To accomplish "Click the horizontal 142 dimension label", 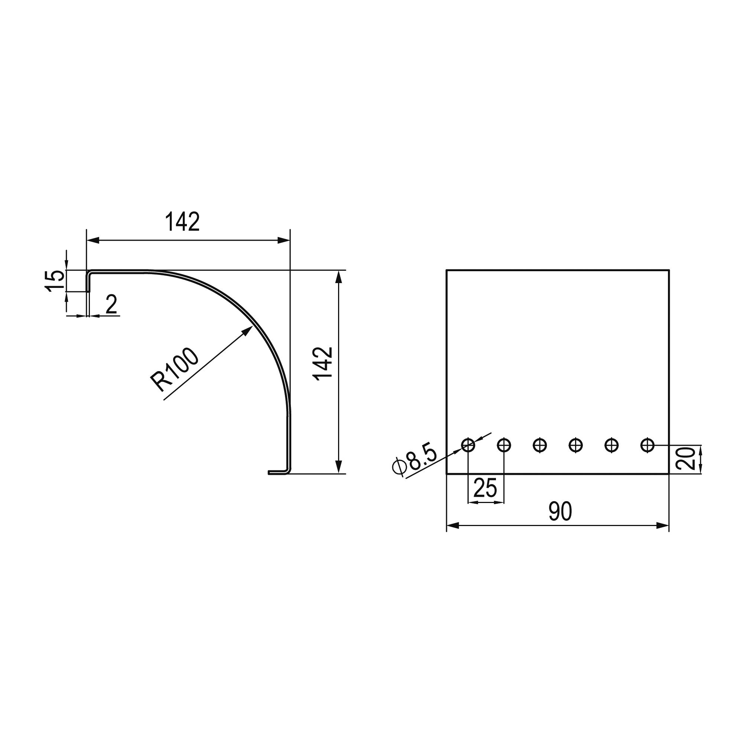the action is click(x=182, y=221).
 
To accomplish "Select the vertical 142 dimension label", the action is click(x=323, y=364).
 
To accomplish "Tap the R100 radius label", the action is click(x=174, y=370).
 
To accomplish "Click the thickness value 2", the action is click(x=111, y=304).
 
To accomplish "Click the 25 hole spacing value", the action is click(x=485, y=488).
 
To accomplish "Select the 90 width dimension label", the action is click(x=560, y=512).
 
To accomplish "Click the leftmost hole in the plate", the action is click(x=468, y=445).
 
